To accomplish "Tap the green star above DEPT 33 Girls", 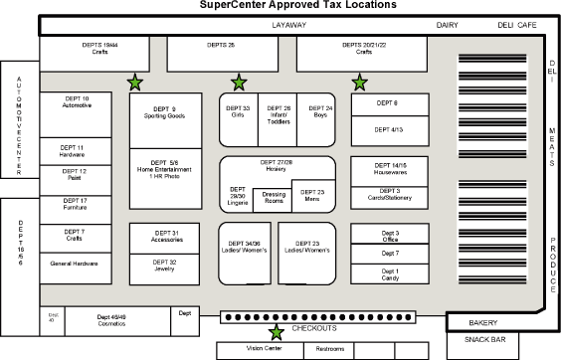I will click(239, 83).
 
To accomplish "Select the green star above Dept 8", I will click(359, 83).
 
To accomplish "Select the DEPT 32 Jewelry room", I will click(166, 266).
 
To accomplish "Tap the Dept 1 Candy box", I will click(390, 274).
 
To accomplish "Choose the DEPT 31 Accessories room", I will click(166, 237).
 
